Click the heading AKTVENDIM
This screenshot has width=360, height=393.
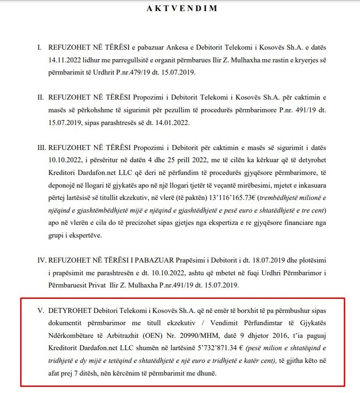182,8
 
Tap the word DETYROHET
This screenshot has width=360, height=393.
69,310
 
